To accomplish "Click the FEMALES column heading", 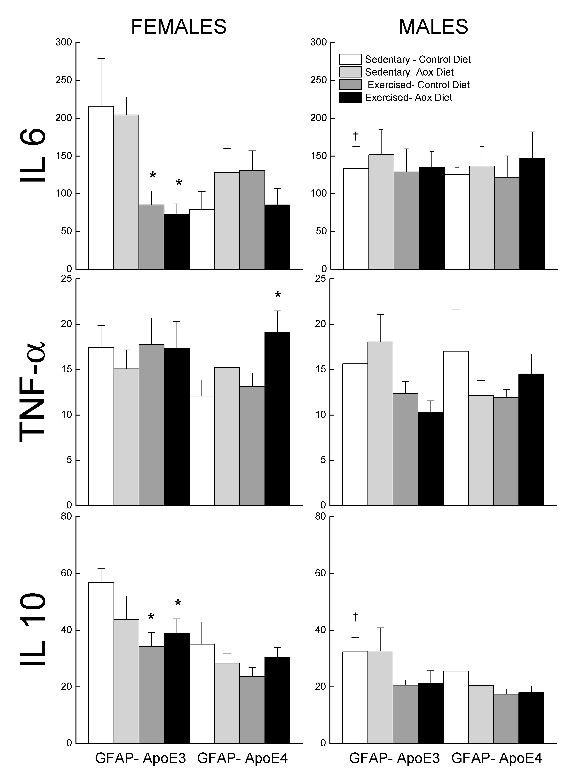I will [178, 27].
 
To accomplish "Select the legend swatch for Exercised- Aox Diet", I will [350, 97].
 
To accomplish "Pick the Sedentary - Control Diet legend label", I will [417, 60].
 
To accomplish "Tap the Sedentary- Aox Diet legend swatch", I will [350, 72].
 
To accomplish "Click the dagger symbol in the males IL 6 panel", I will [356, 135].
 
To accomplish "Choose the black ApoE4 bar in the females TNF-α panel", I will [277, 419].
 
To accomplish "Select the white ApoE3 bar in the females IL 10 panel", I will [101, 663].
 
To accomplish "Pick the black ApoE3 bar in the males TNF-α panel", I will [431, 458].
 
